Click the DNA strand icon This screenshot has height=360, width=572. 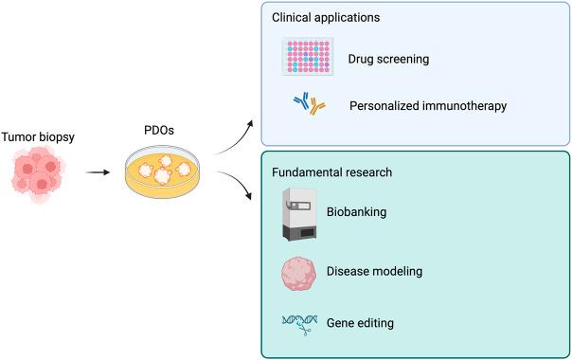click(303, 324)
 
